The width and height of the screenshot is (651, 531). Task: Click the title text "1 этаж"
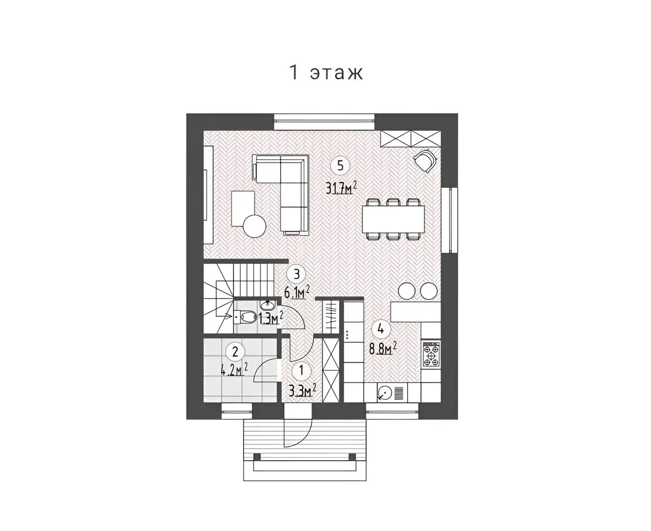[x=325, y=72]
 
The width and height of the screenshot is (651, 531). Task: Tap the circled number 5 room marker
[x=340, y=166]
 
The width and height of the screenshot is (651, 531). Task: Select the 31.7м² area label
[x=341, y=187]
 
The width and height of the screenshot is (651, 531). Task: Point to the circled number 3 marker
[x=296, y=274]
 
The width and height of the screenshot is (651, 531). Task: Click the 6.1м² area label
[x=296, y=292]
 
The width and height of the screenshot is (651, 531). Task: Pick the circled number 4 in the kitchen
[x=381, y=329]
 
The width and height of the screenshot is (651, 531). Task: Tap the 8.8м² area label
[x=383, y=349]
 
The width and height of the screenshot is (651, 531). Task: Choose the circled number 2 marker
[x=235, y=352]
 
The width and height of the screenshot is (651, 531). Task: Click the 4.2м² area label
[x=234, y=369]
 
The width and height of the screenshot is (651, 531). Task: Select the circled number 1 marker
[x=301, y=370]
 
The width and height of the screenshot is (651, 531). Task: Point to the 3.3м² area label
[x=302, y=391]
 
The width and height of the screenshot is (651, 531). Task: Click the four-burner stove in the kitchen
[x=431, y=354]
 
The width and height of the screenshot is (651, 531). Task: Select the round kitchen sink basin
[x=385, y=393]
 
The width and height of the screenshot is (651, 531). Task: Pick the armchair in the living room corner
[x=425, y=161]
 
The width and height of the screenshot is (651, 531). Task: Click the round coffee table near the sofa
[x=255, y=226]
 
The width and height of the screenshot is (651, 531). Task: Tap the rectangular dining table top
[x=393, y=219]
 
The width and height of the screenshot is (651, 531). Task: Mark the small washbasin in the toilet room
[x=267, y=305]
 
